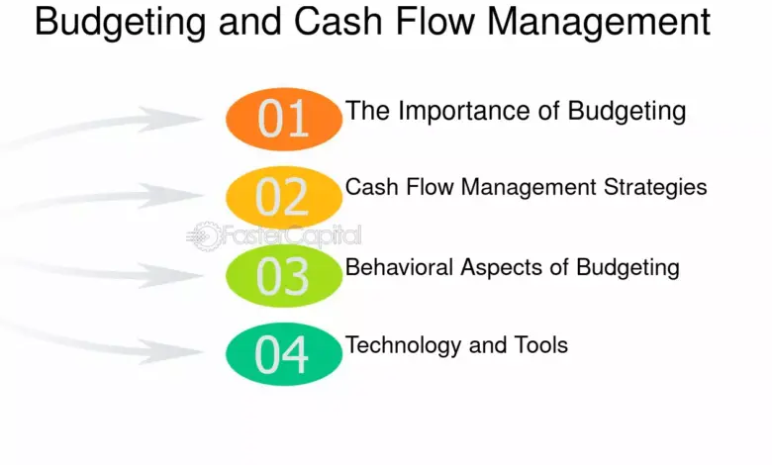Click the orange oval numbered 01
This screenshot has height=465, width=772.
pos(284,119)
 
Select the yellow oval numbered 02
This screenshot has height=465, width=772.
pos(284,197)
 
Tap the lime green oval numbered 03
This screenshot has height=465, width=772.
pos(284,276)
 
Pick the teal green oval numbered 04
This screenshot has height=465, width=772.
pos(284,354)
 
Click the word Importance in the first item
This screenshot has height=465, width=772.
pos(464,112)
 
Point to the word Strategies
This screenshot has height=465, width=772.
pos(655,188)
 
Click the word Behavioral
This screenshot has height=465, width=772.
pos(399,267)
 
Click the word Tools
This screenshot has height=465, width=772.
pos(541,345)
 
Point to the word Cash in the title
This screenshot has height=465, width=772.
pos(338,21)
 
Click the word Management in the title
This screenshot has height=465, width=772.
pos(599,22)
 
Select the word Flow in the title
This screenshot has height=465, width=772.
pos(434,21)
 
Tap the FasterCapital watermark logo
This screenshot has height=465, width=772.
pos(274,236)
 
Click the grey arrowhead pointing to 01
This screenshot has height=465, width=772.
pos(170,119)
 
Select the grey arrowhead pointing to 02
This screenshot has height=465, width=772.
pos(170,196)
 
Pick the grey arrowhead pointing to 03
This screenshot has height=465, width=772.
pos(170,275)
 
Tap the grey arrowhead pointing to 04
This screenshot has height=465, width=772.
pos(170,352)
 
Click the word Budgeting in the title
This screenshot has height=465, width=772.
pos(120,23)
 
